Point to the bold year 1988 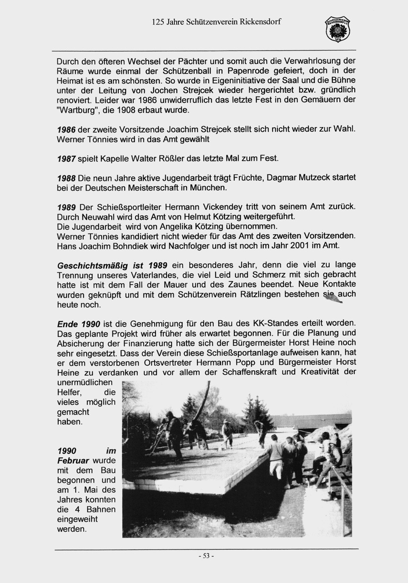click(66, 177)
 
